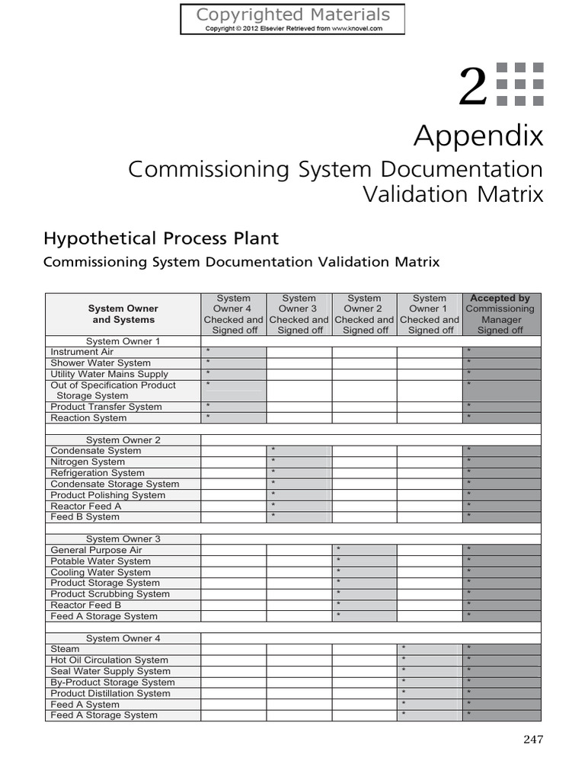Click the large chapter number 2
coord(472,87)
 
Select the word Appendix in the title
coord(478,136)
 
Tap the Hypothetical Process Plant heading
coord(161,238)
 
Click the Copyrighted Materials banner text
coord(292,14)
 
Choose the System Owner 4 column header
coord(234,314)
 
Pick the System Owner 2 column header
coord(364,314)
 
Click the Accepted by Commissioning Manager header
coord(500,314)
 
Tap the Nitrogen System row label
coord(88,462)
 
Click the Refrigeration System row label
coord(97,473)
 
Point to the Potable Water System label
coord(101,561)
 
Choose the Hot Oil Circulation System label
coord(109,660)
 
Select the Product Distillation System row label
coord(110,693)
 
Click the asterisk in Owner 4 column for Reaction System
coord(208,417)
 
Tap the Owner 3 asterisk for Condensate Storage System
coord(273,484)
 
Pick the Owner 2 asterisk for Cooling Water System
coord(338,572)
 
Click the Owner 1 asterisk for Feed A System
coord(404,705)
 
